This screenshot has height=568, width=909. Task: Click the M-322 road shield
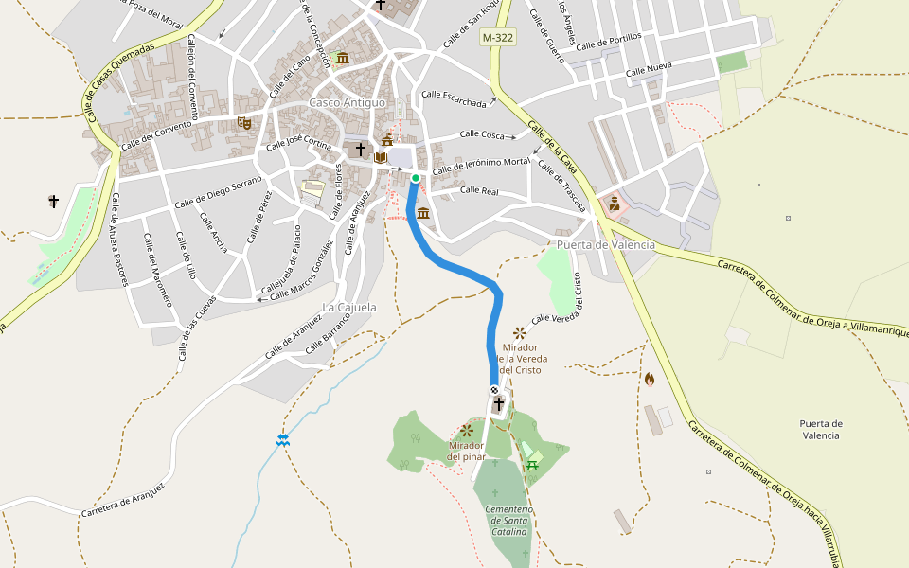[x=498, y=37]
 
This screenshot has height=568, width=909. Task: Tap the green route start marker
[x=415, y=178]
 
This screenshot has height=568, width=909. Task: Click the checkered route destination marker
[x=494, y=390]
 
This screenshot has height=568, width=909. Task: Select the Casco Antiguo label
[x=348, y=102]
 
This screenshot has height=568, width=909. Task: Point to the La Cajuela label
[x=349, y=308]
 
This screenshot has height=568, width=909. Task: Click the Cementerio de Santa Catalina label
[x=508, y=521]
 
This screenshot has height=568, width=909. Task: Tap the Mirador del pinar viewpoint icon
[x=466, y=430]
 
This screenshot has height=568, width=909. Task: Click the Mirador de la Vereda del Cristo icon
[x=519, y=332]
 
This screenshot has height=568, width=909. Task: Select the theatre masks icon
[x=243, y=122]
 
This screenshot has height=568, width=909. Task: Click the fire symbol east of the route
[x=650, y=379]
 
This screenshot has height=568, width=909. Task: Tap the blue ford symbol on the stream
[x=282, y=439]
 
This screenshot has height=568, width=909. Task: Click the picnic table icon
[x=532, y=463]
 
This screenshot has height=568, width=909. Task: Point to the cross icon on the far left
[x=54, y=201]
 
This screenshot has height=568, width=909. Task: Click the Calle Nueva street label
[x=648, y=72]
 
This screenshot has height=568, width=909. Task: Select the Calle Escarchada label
[x=454, y=98]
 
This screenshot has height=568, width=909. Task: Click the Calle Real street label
[x=478, y=190]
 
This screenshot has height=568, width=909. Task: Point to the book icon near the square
[x=380, y=157]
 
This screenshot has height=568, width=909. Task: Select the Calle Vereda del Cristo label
[x=567, y=306]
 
